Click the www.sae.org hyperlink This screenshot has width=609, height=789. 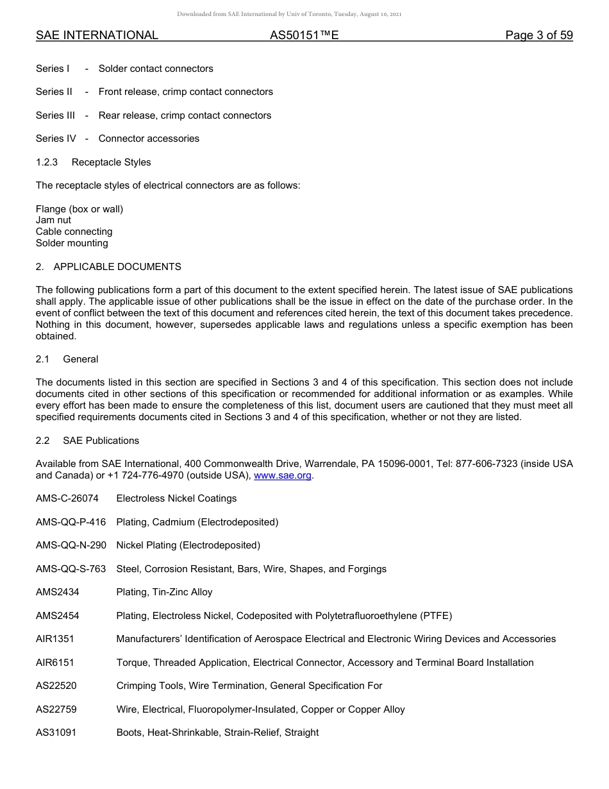[x=283, y=475]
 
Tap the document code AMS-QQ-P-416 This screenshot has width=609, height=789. [x=71, y=522]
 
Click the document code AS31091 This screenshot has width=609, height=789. [x=56, y=733]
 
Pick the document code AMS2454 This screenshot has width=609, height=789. [x=58, y=616]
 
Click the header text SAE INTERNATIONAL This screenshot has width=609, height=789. [x=97, y=35]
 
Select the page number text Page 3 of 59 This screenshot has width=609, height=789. [x=538, y=35]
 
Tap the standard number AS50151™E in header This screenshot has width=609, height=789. [x=304, y=35]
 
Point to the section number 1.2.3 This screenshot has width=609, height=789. [x=47, y=162]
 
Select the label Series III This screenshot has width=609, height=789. [x=55, y=115]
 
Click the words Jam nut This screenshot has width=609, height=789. [x=53, y=220]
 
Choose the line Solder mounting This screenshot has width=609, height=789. [x=72, y=243]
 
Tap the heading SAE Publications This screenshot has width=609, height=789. [x=101, y=441]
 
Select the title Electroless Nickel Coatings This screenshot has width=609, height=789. [x=176, y=498]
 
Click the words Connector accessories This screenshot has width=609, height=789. [x=149, y=139]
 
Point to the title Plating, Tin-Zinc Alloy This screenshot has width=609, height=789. [x=164, y=592]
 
